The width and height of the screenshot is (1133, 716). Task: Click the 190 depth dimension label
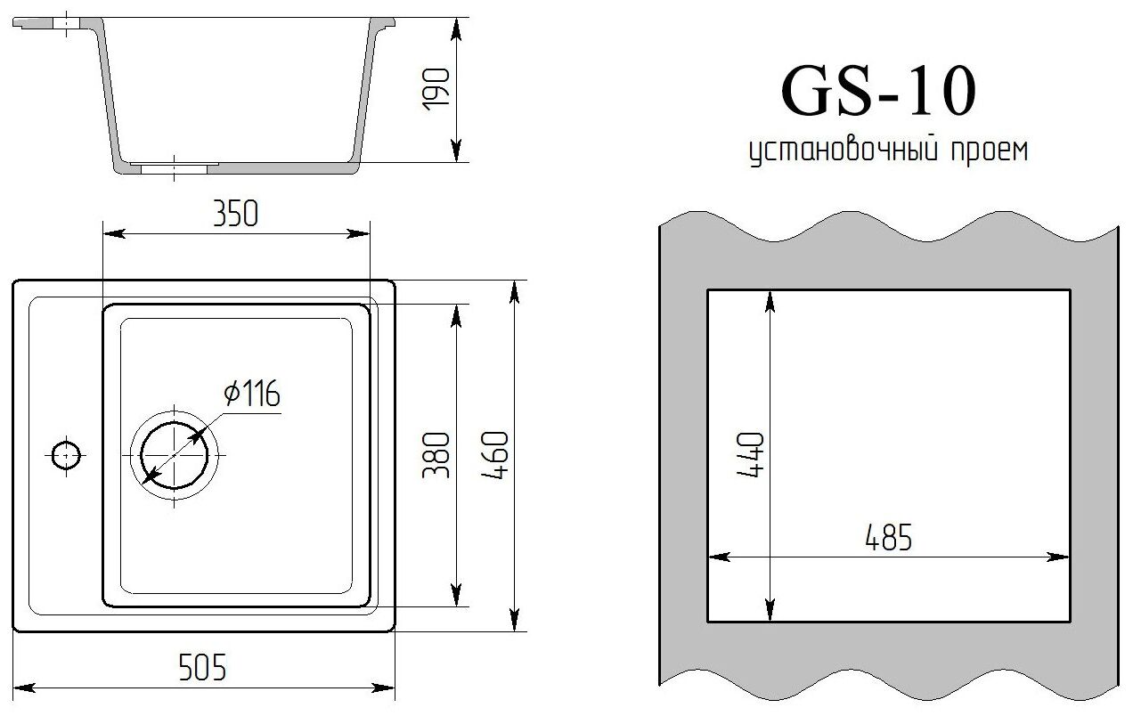[436, 89]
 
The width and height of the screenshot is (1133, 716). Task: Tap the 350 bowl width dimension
[236, 214]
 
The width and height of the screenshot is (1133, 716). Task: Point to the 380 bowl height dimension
[436, 455]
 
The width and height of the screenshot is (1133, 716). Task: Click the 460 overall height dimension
[494, 455]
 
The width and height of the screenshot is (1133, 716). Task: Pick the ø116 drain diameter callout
[252, 394]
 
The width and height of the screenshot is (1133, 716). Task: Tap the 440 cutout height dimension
[750, 454]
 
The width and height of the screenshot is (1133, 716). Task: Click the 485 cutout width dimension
[889, 538]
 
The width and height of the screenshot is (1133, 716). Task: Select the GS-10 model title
[878, 91]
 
